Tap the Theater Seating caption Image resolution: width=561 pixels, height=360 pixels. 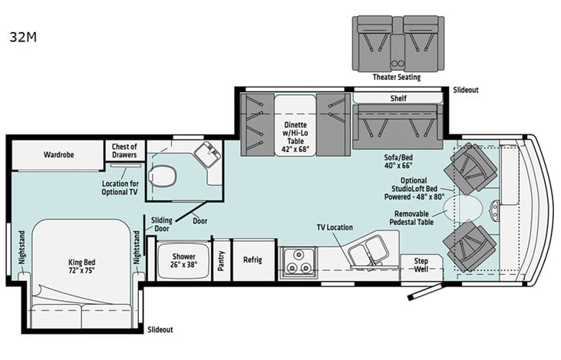click(x=397, y=77)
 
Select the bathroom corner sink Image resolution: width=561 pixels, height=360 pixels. click(x=205, y=154)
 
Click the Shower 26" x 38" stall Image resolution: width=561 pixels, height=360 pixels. click(x=183, y=260)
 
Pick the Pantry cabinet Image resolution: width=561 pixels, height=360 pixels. click(x=221, y=260)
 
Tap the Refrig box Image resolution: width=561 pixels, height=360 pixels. click(x=252, y=260)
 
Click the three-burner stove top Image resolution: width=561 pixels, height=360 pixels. click(x=298, y=260)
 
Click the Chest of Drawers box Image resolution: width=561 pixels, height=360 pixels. click(x=124, y=150)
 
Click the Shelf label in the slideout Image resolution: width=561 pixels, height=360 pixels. click(x=398, y=98)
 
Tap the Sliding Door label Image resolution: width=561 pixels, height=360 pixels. click(x=160, y=223)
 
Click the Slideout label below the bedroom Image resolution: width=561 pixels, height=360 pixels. click(x=160, y=330)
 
